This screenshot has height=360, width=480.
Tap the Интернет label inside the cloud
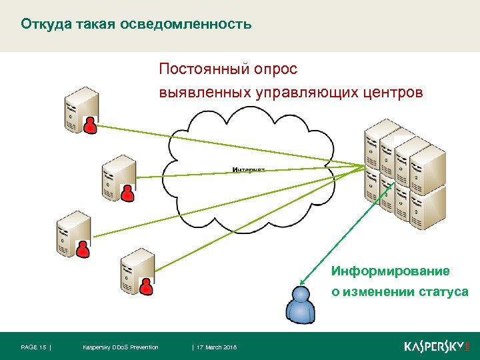point(249,170)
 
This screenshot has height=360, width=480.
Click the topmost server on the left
point(81,109)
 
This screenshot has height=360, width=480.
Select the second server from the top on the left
point(118,176)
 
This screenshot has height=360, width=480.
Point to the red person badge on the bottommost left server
point(147,285)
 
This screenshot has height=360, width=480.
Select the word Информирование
point(391,271)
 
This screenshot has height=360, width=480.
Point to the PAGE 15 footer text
point(34,347)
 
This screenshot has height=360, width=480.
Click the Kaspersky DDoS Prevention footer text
point(120,347)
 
